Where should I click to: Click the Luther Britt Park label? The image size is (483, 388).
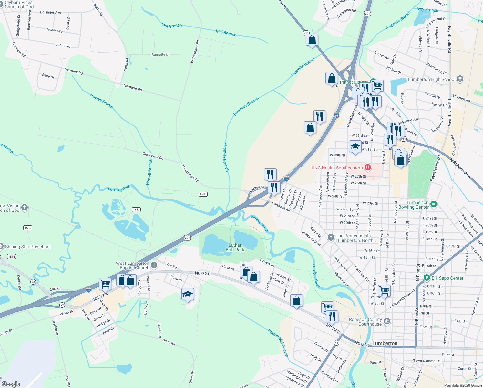pyautogui.click(x=235, y=247)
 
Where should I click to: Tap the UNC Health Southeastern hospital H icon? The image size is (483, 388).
pyautogui.click(x=367, y=167)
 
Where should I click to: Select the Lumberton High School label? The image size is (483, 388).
pyautogui.click(x=431, y=79)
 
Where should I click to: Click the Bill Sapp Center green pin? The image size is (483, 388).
pyautogui.click(x=426, y=278)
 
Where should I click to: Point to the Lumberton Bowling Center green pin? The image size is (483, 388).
pyautogui.click(x=434, y=204)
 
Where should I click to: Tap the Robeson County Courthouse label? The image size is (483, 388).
pyautogui.click(x=365, y=322)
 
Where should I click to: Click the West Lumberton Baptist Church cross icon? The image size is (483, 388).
pyautogui.click(x=154, y=265)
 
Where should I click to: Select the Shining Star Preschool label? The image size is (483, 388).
pyautogui.click(x=28, y=247)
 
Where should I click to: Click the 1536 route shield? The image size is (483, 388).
pyautogui.click(x=203, y=194)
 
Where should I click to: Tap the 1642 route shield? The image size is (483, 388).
pyautogui.click(x=136, y=210)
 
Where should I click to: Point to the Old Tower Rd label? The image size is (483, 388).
pyautogui.click(x=153, y=156)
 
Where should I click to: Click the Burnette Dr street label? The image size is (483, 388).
pyautogui.click(x=160, y=55)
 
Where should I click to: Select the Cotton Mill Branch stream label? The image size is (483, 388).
pyautogui.click(x=278, y=342)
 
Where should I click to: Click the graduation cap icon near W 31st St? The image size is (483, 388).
pyautogui.click(x=355, y=146)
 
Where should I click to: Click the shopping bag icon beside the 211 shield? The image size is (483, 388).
pyautogui.click(x=312, y=40)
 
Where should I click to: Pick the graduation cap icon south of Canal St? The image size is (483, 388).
pyautogui.click(x=188, y=294)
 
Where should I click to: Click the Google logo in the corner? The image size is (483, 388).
pyautogui.click(x=11, y=384)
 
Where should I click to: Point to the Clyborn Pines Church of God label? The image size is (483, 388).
pyautogui.click(x=19, y=5)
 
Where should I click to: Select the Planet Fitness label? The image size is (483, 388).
pyautogui.click(x=354, y=82)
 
